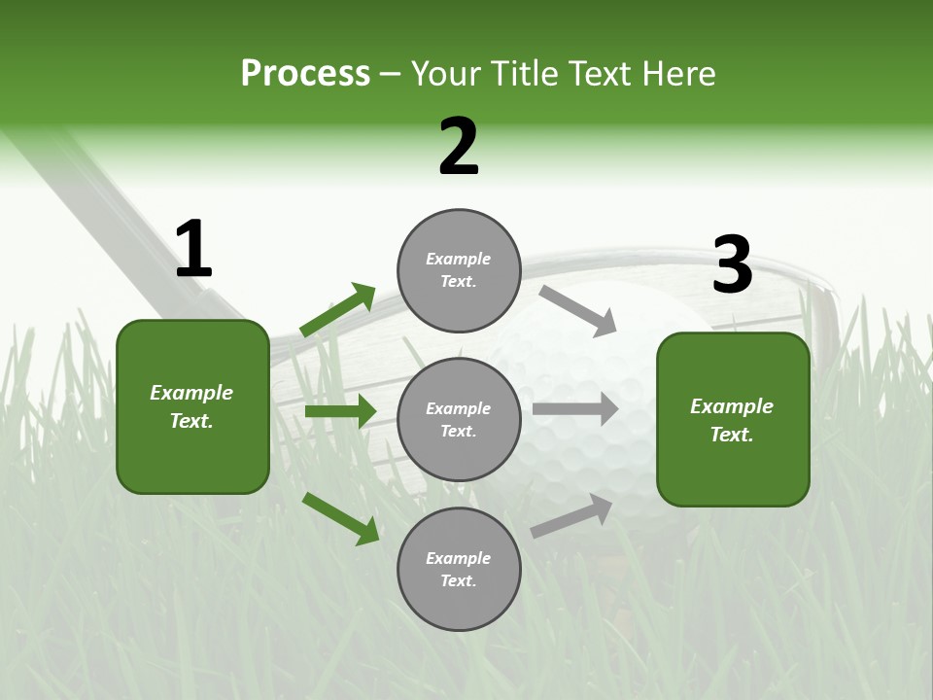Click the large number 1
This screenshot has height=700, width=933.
[x=193, y=250]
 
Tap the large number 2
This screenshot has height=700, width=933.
[x=459, y=147]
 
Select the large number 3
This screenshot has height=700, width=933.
[x=732, y=265]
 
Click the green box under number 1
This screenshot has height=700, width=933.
[x=192, y=406]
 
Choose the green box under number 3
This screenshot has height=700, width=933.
[x=733, y=419]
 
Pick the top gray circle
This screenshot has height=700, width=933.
[x=459, y=270]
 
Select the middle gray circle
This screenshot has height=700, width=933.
[x=459, y=419]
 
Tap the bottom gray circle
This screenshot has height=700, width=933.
[x=459, y=569]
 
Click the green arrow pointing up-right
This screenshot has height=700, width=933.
[x=338, y=309]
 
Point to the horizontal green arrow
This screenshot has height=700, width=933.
[x=340, y=411]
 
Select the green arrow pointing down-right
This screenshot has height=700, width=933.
[x=341, y=518]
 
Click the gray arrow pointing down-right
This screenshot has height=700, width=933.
[x=577, y=308]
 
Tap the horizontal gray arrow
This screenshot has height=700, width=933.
[x=574, y=409]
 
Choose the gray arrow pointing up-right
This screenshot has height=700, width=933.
[x=571, y=515]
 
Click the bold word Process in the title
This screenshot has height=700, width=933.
[x=305, y=74]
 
